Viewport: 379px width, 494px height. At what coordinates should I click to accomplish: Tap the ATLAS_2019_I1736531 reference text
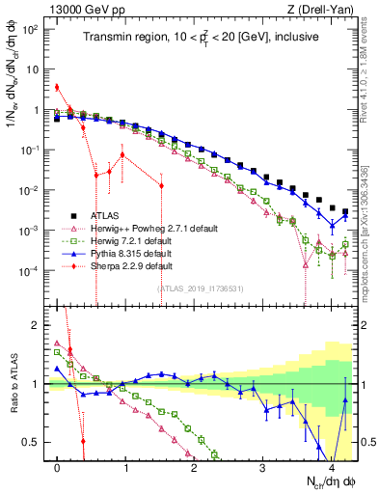(x=201, y=288)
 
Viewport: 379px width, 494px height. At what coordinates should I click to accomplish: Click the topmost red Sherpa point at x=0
(x=58, y=87)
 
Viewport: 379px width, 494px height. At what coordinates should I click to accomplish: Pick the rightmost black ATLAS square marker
(x=345, y=210)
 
